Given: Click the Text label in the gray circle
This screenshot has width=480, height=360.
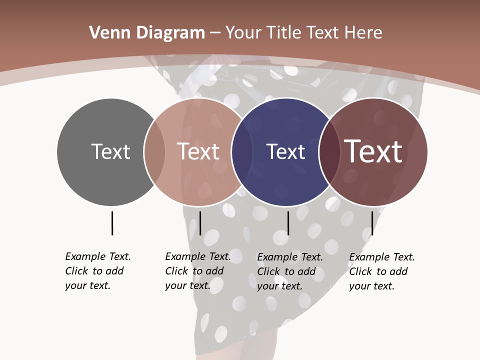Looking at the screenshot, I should coord(110,151).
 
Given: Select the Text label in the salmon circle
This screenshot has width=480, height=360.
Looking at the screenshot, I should coord(198,151).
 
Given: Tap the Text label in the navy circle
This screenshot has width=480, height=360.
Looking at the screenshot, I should coord(285,151).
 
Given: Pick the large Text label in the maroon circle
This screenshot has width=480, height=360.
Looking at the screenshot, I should coord(373,151).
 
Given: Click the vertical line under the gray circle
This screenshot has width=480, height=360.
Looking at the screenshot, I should coord(112,223).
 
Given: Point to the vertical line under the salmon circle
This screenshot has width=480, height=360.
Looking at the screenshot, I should coord(200,223).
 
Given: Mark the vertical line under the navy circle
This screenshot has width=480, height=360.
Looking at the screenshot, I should coord(288,223).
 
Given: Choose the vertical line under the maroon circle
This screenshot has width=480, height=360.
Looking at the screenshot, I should coord(372,223).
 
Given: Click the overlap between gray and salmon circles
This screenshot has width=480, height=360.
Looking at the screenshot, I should coord(154,152).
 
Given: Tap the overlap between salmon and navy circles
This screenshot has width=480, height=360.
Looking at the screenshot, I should coord(242,152).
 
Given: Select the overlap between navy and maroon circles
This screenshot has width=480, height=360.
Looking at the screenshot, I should coord(329,152).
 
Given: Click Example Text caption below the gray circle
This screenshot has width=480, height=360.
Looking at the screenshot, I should coord(98,256).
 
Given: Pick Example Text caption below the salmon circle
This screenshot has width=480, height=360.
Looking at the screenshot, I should coord(198,256).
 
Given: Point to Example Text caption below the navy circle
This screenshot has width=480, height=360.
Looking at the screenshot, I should coord(290,257).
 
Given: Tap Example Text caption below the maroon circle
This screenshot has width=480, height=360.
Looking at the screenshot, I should coord(382,257).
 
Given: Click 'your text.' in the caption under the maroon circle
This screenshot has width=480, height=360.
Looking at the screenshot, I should coord(371,286).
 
